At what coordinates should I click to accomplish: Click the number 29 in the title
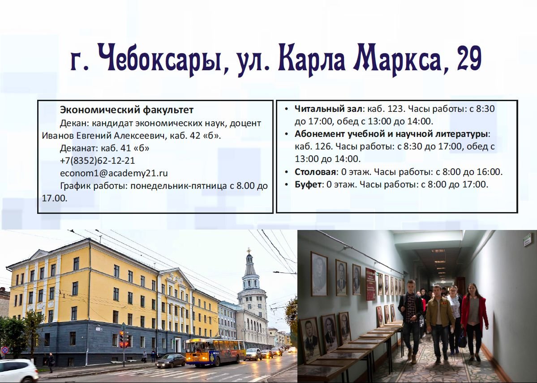469,58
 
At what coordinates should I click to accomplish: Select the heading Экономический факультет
127,110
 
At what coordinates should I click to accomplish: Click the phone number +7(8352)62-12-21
97,161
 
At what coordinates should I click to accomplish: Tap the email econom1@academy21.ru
114,173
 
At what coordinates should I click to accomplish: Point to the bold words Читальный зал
328,109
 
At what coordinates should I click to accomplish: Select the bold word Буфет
308,184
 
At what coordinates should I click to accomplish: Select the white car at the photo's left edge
18,370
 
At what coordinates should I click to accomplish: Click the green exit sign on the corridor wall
527,239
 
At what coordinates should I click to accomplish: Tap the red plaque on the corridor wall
370,284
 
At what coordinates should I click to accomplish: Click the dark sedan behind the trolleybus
170,361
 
